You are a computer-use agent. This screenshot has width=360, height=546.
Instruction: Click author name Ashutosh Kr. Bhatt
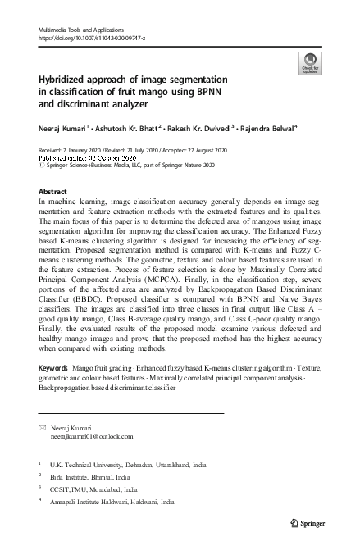[x=125, y=128]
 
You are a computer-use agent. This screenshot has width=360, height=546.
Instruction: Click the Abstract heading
[x=53, y=191]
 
